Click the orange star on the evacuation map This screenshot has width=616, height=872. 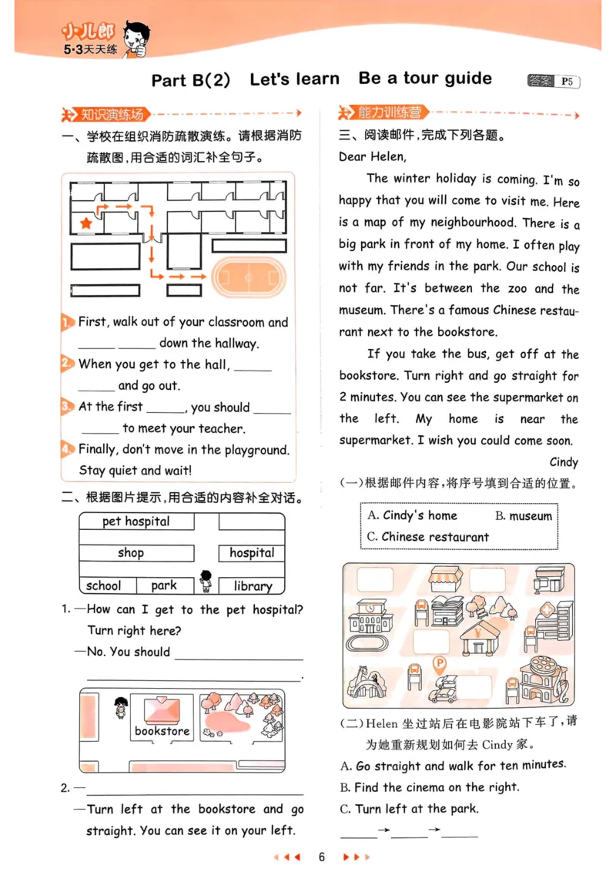click(85, 223)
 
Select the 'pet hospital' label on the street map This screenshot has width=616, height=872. click(136, 522)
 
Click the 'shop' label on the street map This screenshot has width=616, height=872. click(131, 552)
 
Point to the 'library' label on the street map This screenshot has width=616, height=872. click(253, 586)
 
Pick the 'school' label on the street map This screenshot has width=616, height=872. click(104, 586)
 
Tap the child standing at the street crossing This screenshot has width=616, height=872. click(206, 581)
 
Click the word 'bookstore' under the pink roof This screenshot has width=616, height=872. click(162, 731)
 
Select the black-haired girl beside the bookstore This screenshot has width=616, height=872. click(119, 706)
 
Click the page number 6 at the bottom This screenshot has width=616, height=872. click(323, 857)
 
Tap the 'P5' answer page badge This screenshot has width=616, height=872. click(567, 81)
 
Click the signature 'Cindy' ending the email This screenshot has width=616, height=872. click(564, 462)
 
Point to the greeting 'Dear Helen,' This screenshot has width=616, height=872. click(372, 156)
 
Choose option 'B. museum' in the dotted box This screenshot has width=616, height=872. click(524, 516)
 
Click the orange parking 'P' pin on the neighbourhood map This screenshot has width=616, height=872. click(440, 663)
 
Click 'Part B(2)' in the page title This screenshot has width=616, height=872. click(191, 80)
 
